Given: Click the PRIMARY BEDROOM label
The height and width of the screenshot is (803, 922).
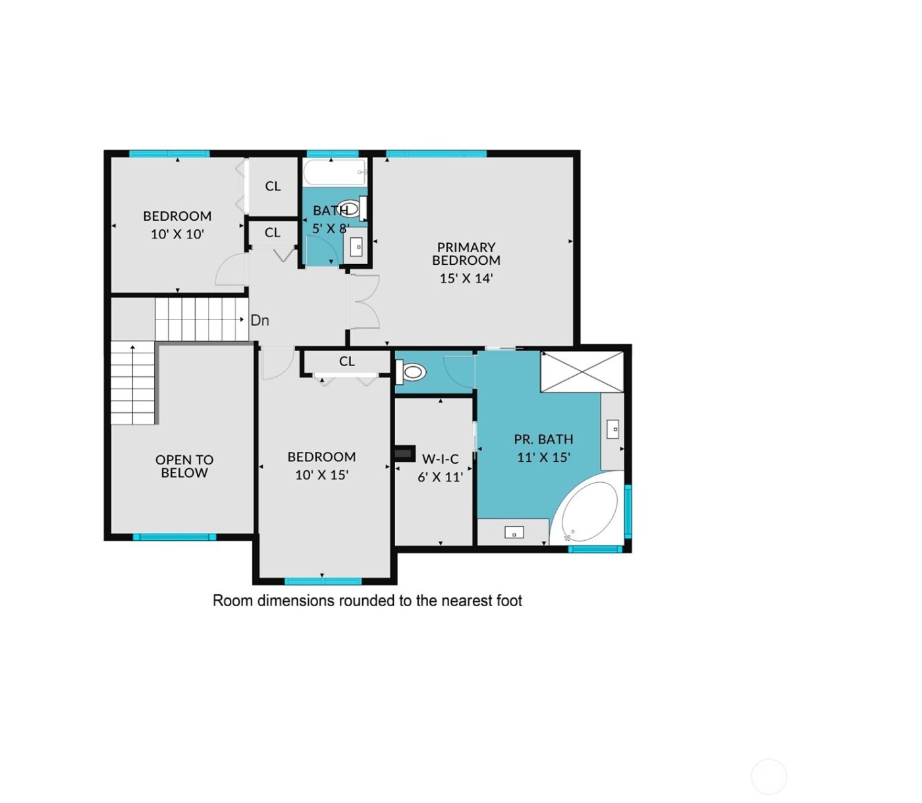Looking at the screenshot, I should click(466, 254).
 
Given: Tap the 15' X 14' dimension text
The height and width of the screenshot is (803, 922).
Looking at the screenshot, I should click(466, 279).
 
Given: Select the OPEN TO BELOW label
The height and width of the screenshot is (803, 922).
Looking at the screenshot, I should click(184, 466).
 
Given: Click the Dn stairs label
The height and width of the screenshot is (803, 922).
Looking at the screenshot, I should click(259, 321).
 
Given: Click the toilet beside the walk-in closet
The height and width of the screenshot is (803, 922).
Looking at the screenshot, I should click(412, 373).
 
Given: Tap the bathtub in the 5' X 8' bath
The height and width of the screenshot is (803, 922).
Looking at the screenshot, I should click(334, 173).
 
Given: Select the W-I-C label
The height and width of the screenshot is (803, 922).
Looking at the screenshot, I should click(440, 459).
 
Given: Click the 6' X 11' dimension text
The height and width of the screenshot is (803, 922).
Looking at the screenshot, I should click(440, 477).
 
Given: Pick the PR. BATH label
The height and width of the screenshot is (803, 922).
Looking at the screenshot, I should click(543, 439).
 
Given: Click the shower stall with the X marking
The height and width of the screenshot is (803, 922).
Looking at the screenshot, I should click(582, 372).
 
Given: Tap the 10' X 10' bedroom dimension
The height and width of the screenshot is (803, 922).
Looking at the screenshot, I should click(177, 235).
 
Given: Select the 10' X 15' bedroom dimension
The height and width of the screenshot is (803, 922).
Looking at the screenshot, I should click(321, 475).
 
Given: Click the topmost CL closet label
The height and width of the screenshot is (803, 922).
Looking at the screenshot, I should click(273, 186).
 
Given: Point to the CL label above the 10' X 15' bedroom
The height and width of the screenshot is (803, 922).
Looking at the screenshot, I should click(346, 362).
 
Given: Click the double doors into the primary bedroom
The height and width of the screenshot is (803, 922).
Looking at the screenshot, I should click(364, 302).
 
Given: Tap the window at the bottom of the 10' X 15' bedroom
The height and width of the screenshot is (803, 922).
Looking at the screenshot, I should click(323, 581).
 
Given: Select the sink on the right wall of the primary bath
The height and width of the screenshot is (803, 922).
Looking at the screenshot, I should click(612, 429).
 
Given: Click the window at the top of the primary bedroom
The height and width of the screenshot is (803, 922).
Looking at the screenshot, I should click(436, 154).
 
